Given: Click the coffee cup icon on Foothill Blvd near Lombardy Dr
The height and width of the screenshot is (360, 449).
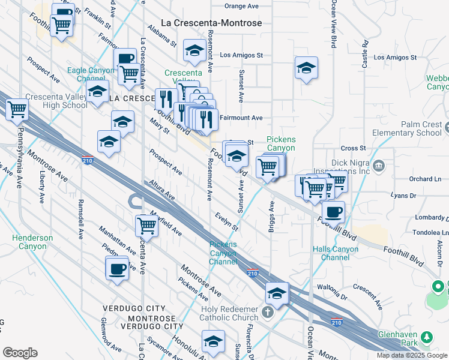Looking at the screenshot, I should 333,211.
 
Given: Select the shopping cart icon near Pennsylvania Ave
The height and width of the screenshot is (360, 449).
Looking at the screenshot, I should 17,109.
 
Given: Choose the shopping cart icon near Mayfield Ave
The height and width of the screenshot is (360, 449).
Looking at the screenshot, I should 146,225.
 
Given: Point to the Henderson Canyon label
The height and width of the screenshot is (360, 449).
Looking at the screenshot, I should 32,242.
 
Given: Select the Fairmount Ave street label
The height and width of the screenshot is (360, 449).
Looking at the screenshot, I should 241,118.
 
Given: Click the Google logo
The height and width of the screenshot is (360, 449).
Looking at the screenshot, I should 20,352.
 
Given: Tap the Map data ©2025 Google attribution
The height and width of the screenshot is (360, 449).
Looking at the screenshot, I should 411,355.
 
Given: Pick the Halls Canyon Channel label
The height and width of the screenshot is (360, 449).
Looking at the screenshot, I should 335,254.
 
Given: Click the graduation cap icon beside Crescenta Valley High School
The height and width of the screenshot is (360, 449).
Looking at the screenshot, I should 97,93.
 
